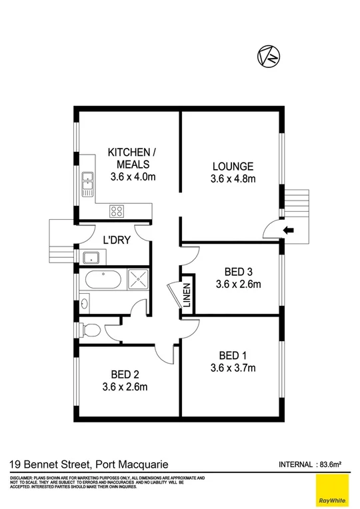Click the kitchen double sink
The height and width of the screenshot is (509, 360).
click(x=87, y=184)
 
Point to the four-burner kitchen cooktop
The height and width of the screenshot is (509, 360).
click(x=117, y=213)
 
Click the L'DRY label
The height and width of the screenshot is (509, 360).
click(x=116, y=239)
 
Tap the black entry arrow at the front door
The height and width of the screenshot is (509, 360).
click(x=287, y=231)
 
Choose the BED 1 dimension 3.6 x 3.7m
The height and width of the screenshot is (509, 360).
click(x=233, y=367)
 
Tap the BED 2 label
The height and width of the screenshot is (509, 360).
click(x=125, y=373)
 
